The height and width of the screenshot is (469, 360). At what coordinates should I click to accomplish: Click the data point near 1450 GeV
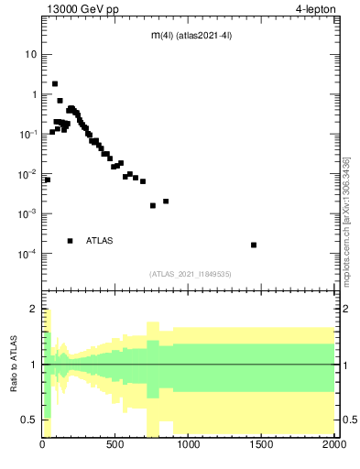(x=254, y=245)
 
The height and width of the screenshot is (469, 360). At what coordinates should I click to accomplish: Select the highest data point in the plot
(x=55, y=83)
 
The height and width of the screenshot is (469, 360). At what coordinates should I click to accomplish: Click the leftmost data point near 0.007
(x=47, y=180)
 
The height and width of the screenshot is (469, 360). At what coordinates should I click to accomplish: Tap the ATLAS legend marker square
(x=71, y=241)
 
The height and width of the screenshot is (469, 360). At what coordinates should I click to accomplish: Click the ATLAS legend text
(x=100, y=241)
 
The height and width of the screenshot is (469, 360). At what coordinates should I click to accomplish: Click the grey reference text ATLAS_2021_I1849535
(x=191, y=273)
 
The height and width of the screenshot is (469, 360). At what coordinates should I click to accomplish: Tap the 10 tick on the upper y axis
(x=30, y=54)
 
